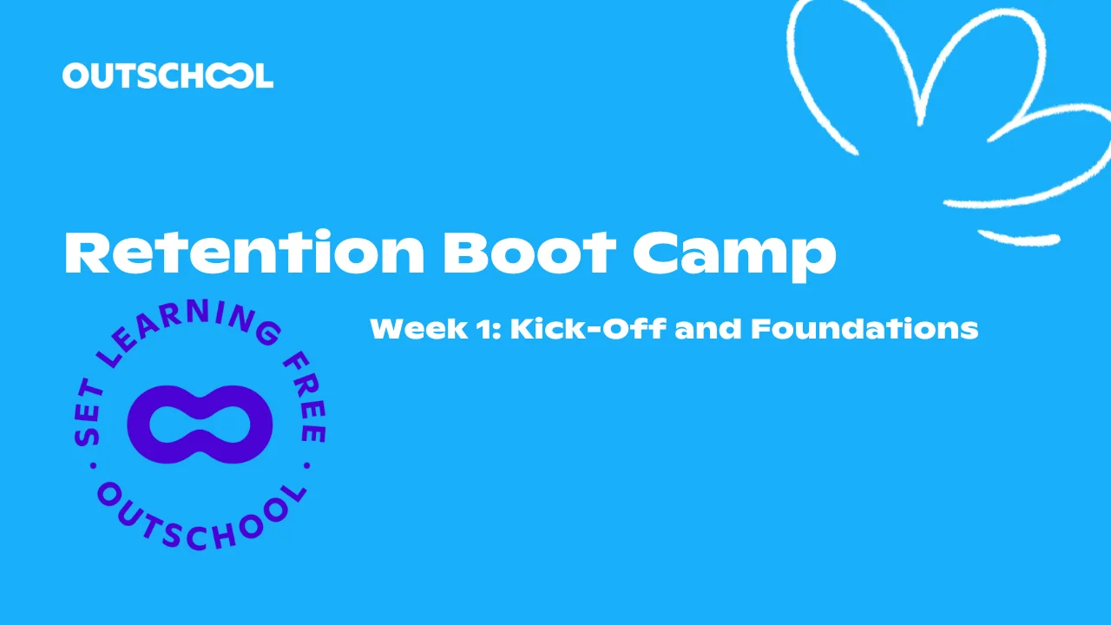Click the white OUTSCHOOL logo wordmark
168,76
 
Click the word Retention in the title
244,252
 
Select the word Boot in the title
529,252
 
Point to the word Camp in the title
734,256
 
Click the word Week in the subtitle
419,328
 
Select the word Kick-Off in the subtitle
588,328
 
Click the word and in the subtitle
708,328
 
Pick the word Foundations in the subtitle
864,328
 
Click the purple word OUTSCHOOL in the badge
201,519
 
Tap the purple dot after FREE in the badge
307,466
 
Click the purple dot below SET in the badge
93,466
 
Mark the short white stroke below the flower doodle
1019,239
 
